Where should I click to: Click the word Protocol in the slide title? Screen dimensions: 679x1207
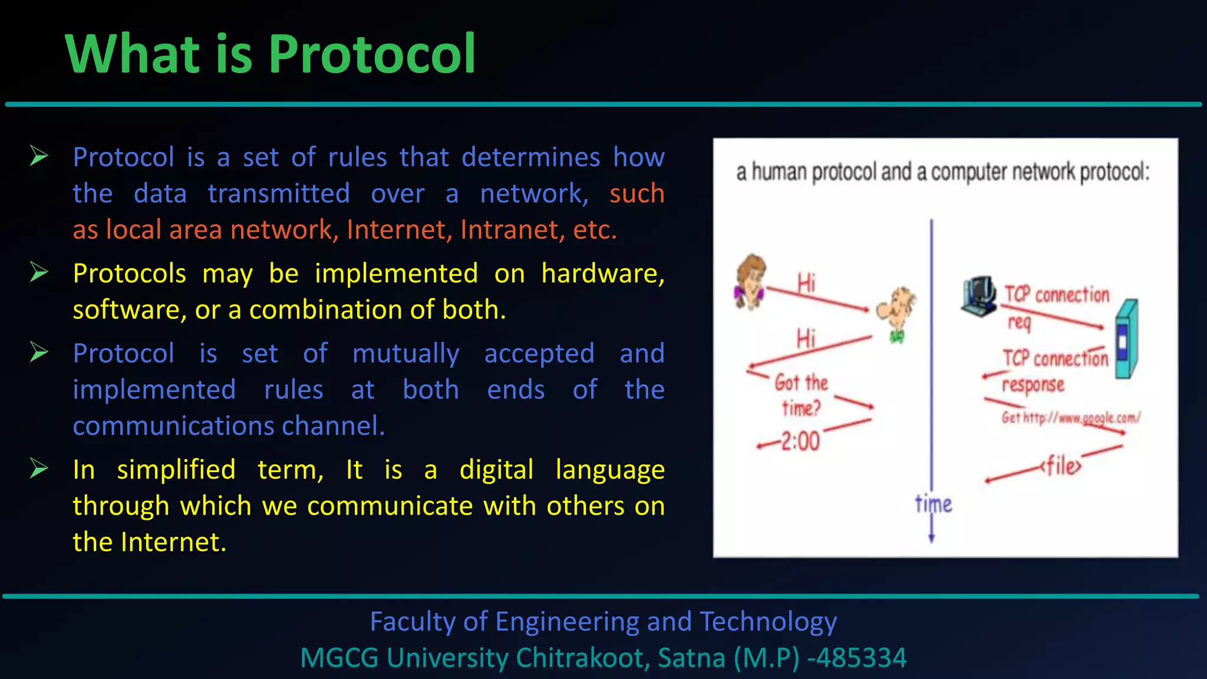point(372,54)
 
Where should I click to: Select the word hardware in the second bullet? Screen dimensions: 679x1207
point(602,274)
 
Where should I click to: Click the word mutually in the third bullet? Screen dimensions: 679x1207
point(405,354)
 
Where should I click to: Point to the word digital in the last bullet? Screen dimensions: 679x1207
point(496,470)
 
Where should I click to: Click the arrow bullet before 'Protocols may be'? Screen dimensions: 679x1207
point(39,272)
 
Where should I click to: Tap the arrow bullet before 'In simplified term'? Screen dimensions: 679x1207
point(39,469)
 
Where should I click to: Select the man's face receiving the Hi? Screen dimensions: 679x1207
point(896,311)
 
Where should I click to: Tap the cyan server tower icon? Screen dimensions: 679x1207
point(1126,339)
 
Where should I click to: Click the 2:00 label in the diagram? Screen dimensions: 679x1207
point(800,441)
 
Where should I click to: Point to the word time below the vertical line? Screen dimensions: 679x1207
point(933,504)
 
